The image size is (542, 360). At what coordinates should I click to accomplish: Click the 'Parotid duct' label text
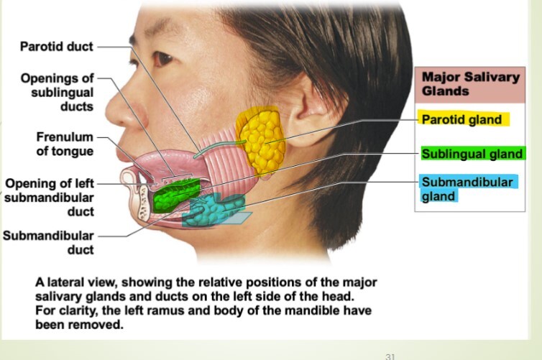57,47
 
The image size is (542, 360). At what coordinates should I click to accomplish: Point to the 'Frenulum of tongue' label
65,144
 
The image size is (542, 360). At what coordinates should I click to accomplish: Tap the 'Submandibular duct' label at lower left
49,242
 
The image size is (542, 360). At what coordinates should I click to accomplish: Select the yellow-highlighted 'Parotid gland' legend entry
461,119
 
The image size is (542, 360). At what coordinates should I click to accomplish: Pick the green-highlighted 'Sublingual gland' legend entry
472,154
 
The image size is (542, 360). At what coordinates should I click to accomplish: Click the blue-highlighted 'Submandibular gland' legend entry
467,188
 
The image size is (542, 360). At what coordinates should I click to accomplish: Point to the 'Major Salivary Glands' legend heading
470,84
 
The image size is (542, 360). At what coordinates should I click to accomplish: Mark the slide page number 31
391,355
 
